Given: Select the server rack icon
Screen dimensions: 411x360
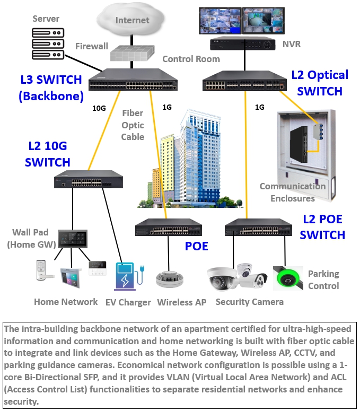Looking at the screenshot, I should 48,43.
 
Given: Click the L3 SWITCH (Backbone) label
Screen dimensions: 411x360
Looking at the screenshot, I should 51,88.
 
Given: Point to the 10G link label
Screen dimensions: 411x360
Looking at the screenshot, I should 99,108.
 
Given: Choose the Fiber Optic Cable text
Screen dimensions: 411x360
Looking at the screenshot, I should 133,125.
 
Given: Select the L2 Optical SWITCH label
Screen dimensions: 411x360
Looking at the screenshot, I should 320,83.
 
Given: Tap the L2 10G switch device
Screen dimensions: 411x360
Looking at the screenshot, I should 88,180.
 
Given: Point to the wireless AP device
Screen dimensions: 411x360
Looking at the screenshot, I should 169,279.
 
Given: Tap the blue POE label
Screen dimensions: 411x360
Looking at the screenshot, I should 197,247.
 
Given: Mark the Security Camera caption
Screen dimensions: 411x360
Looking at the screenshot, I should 249,302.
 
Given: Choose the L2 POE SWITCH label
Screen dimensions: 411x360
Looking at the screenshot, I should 322,227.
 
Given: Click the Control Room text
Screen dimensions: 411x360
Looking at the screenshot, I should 191,59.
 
